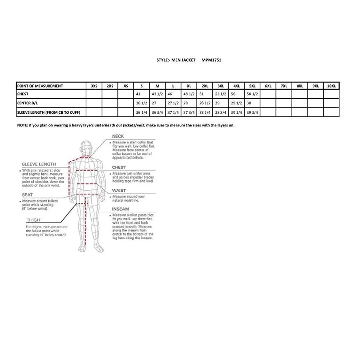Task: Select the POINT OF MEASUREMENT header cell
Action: point(40,86)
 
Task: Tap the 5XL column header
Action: point(252,86)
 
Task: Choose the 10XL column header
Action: point(331,86)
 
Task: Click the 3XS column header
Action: point(94,86)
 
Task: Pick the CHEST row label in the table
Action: point(23,94)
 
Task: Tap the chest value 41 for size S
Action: point(139,94)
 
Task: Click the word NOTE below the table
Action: point(22,125)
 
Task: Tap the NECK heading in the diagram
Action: point(118,136)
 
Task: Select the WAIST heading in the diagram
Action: point(119,191)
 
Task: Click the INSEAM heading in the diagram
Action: point(120,209)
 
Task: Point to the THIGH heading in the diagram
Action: point(33,220)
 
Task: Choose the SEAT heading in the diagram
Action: point(27,194)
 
